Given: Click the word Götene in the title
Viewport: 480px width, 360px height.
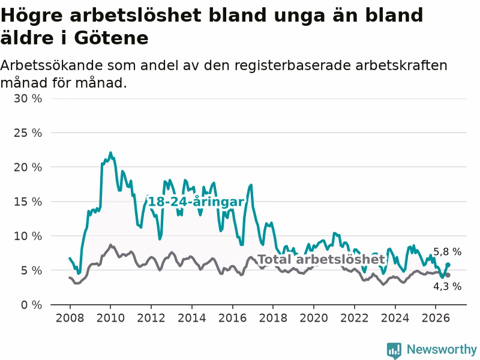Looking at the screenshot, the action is pos(111,38).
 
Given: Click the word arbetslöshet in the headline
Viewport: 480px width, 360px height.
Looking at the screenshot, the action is pos(136,16).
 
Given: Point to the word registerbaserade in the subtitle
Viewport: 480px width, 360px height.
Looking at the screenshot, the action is pos(293,65).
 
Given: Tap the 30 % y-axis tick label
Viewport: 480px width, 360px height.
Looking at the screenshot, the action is pos(28,98).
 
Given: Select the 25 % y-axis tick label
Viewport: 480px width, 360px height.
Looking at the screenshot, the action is pos(28,133).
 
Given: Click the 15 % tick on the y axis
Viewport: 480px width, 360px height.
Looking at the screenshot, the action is pos(28,202).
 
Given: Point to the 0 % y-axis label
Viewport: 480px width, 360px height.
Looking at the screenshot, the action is pos(31,305).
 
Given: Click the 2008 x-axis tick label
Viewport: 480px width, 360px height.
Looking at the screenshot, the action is pos(70,318).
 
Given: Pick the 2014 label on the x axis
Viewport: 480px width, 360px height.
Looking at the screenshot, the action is pos(192,318).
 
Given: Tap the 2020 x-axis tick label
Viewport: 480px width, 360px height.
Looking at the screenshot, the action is pos(314,318).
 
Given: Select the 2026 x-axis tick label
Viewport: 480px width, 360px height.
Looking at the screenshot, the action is pos(436,318).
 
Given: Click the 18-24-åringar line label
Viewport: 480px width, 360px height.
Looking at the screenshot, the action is pos(196,202).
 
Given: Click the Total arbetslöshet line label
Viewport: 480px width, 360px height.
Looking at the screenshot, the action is pos(322,259).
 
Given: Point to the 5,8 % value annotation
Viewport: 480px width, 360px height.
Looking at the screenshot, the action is pos(448,251).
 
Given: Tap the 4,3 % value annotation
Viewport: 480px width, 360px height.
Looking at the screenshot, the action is pos(448,286).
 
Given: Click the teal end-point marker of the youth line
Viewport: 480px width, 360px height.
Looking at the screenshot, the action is pos(448,265).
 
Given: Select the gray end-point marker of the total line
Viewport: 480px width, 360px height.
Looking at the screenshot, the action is pos(448,275).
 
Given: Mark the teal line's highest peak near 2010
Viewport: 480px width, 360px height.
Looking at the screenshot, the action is pos(110,152).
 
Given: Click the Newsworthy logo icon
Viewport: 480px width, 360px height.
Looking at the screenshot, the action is pos(394,350).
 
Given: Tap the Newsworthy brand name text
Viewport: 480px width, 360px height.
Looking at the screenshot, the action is pos(442,349).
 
